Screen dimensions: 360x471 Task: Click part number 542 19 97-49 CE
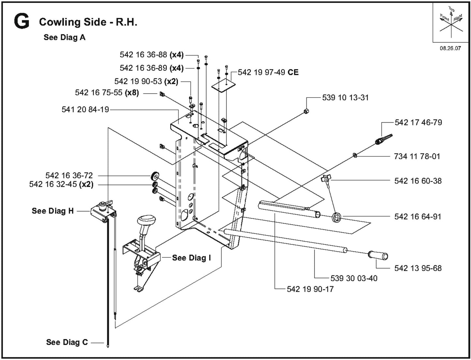(268, 72)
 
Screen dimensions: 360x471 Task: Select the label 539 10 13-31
(345, 97)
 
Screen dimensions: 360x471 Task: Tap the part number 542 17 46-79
(418, 123)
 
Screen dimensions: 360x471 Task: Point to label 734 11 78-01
(417, 157)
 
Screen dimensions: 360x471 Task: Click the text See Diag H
(53, 211)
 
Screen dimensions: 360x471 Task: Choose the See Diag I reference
(191, 258)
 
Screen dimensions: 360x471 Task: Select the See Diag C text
(67, 342)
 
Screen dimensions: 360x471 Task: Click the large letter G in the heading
(22, 22)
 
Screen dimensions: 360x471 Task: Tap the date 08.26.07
(450, 48)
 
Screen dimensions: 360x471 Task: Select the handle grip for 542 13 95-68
(378, 255)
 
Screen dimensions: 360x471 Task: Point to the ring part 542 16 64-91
(337, 217)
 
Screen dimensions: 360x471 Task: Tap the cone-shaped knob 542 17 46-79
(384, 139)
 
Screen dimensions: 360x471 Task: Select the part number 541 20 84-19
(85, 110)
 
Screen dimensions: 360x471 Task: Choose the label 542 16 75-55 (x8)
(107, 93)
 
